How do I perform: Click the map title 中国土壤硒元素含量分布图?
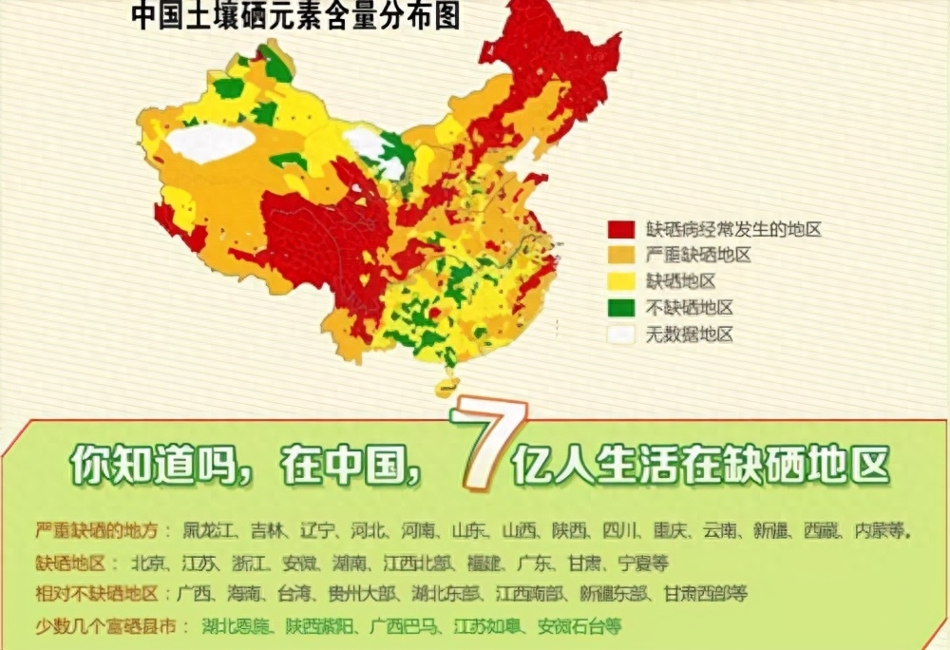pyautogui.click(x=294, y=17)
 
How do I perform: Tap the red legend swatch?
pyautogui.click(x=621, y=229)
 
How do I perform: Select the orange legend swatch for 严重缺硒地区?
pyautogui.click(x=621, y=255)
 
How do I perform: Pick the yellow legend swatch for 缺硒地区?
pyautogui.click(x=621, y=281)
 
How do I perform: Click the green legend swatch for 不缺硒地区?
pyautogui.click(x=621, y=308)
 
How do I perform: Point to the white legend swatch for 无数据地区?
pyautogui.click(x=621, y=335)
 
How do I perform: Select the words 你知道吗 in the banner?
pyautogui.click(x=148, y=465)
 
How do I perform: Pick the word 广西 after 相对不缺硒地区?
pyautogui.click(x=197, y=594)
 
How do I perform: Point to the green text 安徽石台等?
pyautogui.click(x=579, y=626)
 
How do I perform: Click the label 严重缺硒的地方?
pyautogui.click(x=103, y=530)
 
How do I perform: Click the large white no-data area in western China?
pyautogui.click(x=210, y=143)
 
